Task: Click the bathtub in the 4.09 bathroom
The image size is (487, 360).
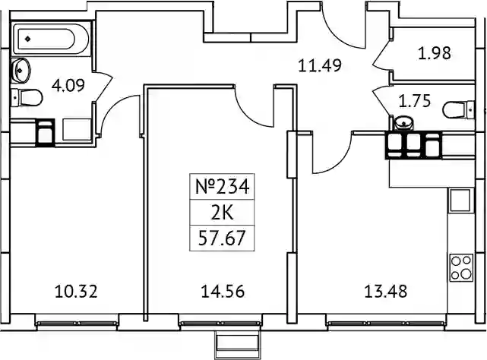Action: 51,39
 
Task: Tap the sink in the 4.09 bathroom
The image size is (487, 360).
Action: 21,70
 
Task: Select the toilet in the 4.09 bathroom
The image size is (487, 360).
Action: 27,97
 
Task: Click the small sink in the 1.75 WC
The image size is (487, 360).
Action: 403,123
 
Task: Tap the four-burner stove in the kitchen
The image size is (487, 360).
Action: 461,268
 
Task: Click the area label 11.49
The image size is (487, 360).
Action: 320,65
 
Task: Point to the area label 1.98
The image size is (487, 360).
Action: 435,53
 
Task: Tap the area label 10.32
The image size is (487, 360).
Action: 76,292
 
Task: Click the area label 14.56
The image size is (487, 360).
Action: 223,292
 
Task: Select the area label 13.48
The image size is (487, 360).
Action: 385,292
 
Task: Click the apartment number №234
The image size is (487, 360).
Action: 222,187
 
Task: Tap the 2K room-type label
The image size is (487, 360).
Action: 222,213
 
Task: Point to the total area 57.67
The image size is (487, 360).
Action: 222,238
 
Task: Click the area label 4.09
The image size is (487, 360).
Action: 68,85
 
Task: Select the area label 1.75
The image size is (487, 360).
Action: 415,101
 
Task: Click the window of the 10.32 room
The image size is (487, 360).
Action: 77,324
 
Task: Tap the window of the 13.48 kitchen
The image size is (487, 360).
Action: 386,324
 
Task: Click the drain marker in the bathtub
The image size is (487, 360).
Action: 28,39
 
